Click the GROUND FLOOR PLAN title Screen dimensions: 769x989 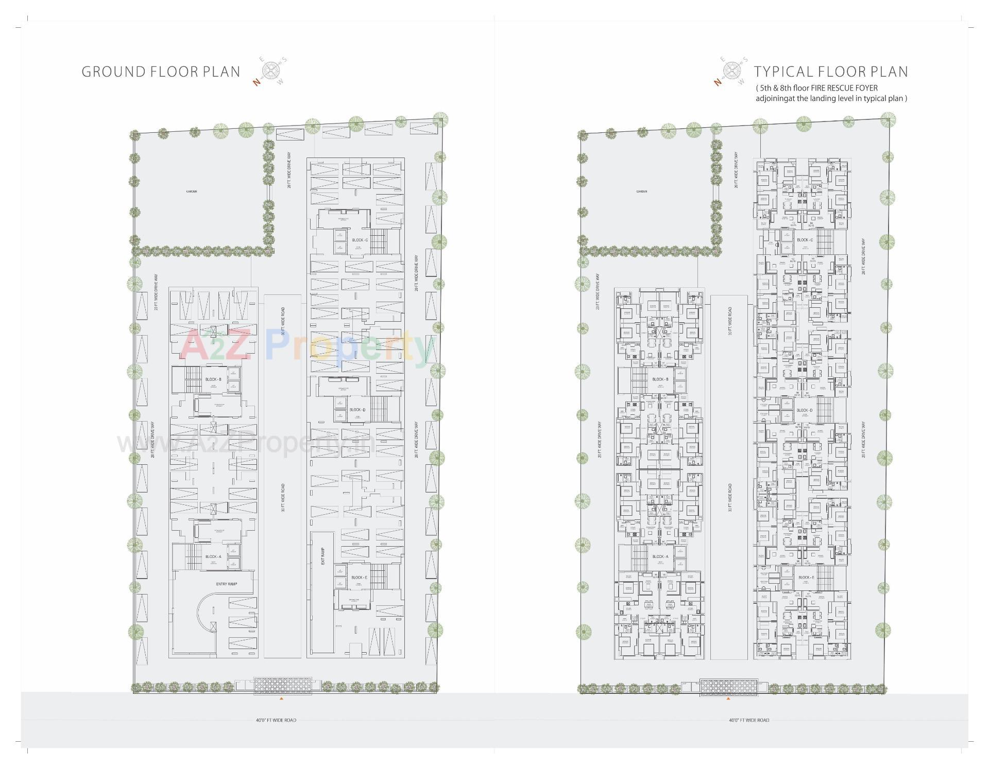click(161, 72)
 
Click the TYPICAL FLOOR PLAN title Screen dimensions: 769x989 click(831, 72)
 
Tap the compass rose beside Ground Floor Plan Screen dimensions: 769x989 click(271, 71)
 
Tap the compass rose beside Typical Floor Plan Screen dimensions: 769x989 click(731, 71)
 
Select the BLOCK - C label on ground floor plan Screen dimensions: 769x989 click(360, 240)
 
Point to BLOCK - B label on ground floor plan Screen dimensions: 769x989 click(213, 379)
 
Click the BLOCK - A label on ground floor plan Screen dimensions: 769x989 click(213, 557)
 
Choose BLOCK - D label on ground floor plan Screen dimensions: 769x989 click(357, 410)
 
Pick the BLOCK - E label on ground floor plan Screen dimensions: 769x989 click(359, 578)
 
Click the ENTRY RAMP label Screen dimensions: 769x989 click(227, 584)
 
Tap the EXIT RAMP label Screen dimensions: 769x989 click(323, 556)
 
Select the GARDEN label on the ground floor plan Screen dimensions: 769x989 click(192, 191)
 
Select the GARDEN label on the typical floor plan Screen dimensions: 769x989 click(641, 191)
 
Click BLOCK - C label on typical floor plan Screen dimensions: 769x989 click(805, 240)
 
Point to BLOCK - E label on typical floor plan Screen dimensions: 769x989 click(806, 578)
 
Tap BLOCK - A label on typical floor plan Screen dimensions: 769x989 click(660, 557)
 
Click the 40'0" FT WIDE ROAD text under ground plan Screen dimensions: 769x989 click(276, 720)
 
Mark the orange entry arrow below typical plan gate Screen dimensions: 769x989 click(728, 699)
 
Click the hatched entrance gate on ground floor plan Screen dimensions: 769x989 click(283, 686)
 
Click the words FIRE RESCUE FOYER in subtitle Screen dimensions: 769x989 click(844, 88)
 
